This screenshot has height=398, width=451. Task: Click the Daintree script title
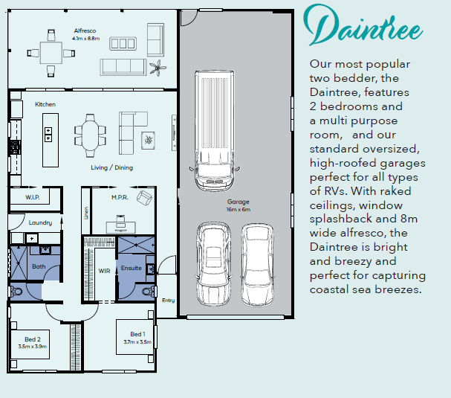(363, 25)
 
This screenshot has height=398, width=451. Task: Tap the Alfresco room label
(85, 31)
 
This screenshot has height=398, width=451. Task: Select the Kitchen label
(45, 104)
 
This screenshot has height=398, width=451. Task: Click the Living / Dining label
(112, 167)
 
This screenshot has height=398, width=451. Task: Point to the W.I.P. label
(33, 197)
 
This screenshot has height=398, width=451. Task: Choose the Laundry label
(40, 222)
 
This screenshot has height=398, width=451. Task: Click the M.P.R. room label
(120, 197)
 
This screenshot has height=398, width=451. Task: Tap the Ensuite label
(132, 268)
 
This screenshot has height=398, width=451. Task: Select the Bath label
(39, 266)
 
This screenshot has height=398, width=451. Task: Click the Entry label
(168, 301)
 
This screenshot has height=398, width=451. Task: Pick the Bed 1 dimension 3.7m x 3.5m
(137, 342)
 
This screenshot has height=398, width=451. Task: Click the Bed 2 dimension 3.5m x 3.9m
(33, 347)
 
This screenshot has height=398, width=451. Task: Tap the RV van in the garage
(214, 130)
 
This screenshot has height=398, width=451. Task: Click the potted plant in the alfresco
(158, 68)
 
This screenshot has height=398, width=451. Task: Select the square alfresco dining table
(51, 53)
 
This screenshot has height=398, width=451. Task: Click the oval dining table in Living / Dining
(91, 135)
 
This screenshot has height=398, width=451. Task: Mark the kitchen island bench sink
(48, 135)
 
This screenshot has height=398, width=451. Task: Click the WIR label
(104, 271)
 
